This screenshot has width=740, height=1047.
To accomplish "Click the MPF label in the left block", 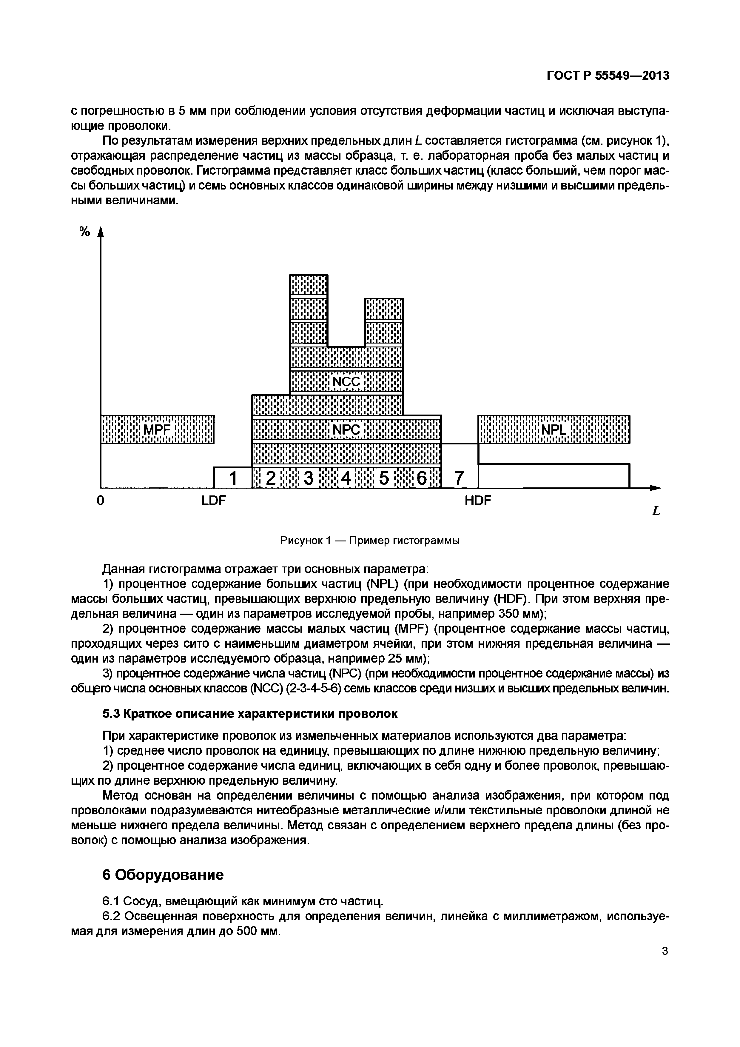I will point(157,429).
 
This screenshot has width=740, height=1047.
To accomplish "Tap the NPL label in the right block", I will point(554,429).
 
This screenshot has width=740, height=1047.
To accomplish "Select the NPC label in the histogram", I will point(346,429).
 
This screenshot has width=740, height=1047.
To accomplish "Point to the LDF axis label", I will point(214,501).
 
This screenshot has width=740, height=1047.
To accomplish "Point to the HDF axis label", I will point(478,501).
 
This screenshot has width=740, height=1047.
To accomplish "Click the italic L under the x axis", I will point(656,511).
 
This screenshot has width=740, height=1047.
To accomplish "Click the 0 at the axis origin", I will point(100,501).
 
